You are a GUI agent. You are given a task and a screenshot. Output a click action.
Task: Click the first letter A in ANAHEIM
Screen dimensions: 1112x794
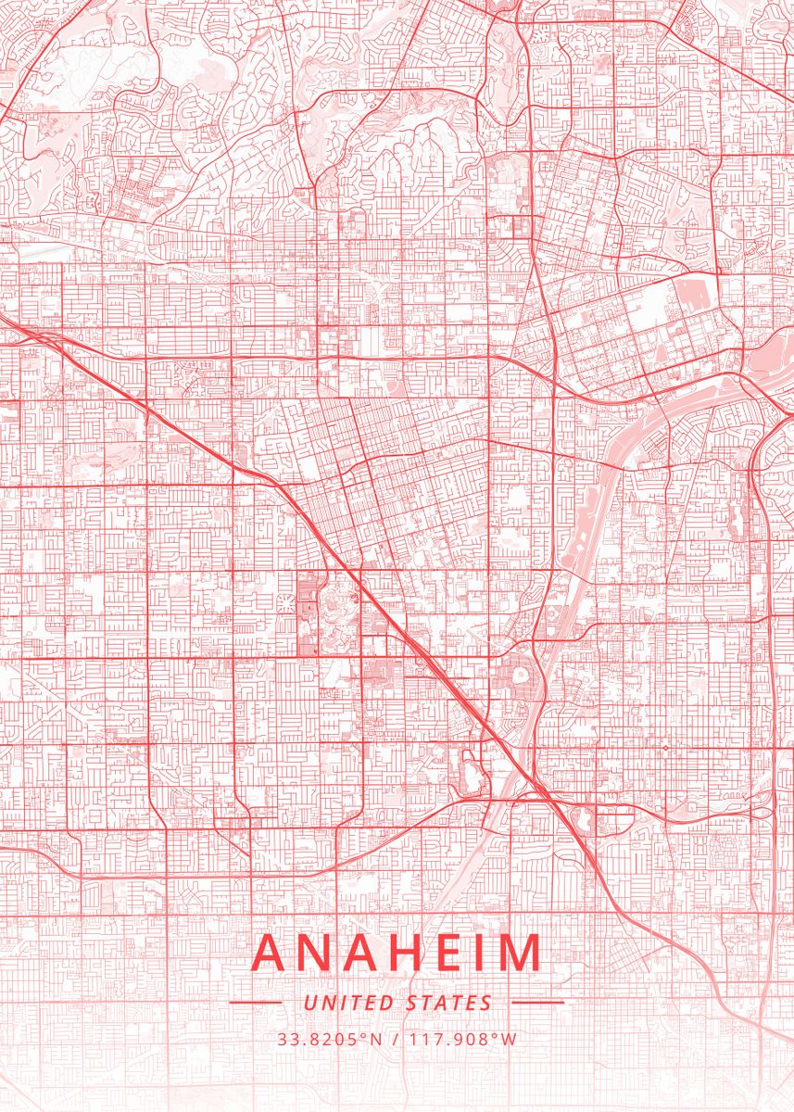[271, 954]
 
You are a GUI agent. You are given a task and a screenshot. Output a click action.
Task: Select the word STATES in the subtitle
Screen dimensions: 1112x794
[449, 1003]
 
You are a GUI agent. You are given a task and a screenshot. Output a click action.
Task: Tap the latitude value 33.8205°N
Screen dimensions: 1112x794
[330, 1039]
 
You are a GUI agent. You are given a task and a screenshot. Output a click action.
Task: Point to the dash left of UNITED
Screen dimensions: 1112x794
[255, 1003]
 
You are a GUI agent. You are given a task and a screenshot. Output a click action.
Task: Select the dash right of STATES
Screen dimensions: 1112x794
[537, 1003]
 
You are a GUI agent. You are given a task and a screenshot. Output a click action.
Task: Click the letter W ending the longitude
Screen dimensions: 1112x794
[510, 1039]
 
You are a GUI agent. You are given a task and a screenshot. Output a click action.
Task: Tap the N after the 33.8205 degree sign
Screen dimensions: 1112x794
[377, 1039]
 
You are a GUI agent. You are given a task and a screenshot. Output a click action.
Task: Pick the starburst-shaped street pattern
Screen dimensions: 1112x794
[284, 605]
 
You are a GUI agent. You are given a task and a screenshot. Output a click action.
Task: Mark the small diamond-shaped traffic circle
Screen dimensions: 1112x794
[665, 747]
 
